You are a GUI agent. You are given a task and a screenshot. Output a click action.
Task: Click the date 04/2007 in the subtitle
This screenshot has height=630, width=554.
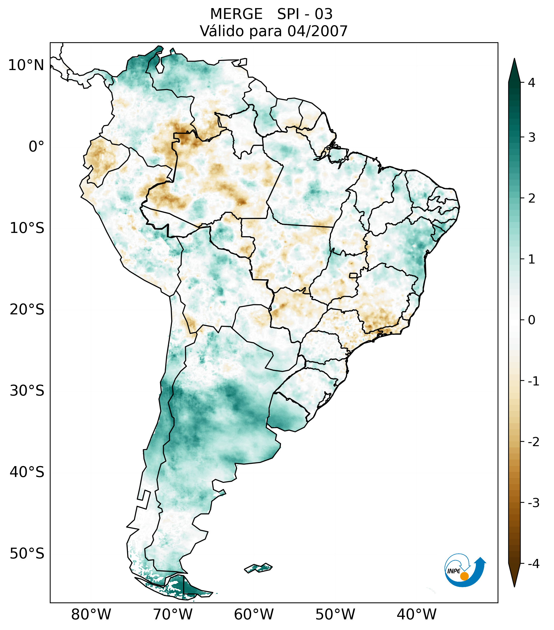[317, 31]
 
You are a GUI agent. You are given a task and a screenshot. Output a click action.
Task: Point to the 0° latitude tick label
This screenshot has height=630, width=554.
[36, 147]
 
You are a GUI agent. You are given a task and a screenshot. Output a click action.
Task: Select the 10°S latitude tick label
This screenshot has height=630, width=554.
[27, 228]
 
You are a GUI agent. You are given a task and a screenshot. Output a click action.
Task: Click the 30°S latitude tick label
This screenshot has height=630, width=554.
[27, 391]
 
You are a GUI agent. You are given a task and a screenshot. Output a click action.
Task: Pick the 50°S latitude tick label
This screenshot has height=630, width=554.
[27, 554]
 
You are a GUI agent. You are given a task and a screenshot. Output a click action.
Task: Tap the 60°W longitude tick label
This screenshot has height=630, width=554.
[254, 614]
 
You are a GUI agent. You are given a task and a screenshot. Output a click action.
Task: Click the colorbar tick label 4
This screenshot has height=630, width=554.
[531, 83]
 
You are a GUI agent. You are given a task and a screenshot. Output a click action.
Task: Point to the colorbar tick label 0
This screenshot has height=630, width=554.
[531, 320]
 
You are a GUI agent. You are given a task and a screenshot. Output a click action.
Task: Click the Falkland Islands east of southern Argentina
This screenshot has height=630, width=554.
[258, 568]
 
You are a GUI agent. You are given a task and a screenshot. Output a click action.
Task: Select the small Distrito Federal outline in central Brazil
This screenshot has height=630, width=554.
[353, 275]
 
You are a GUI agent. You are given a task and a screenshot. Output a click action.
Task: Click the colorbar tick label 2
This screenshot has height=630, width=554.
[531, 198]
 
